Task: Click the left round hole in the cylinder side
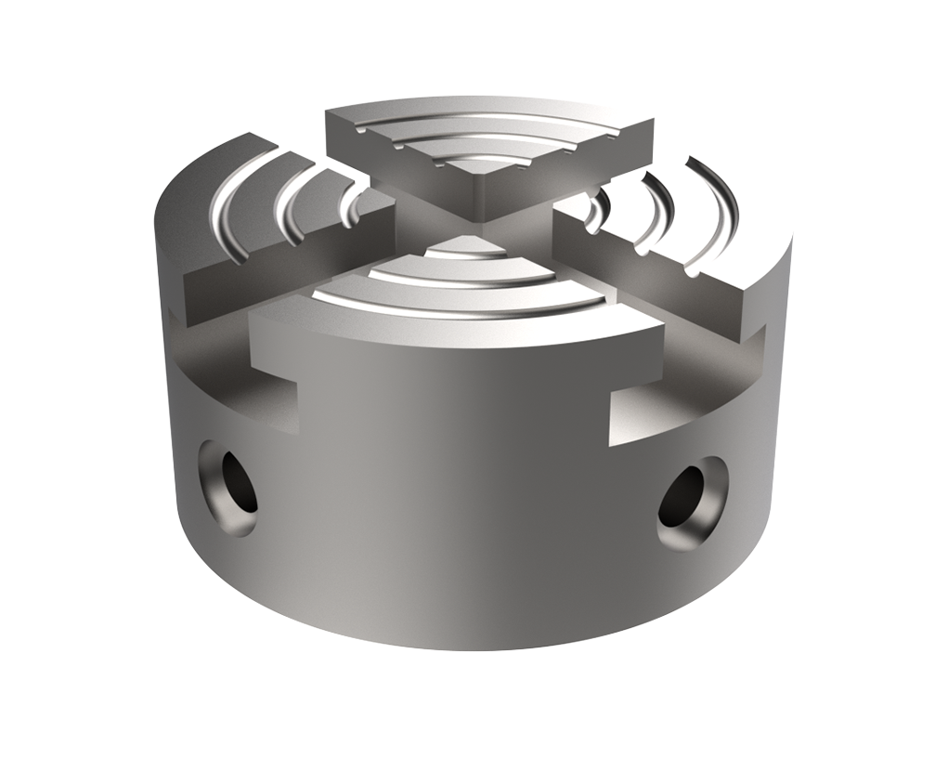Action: point(227,486)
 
